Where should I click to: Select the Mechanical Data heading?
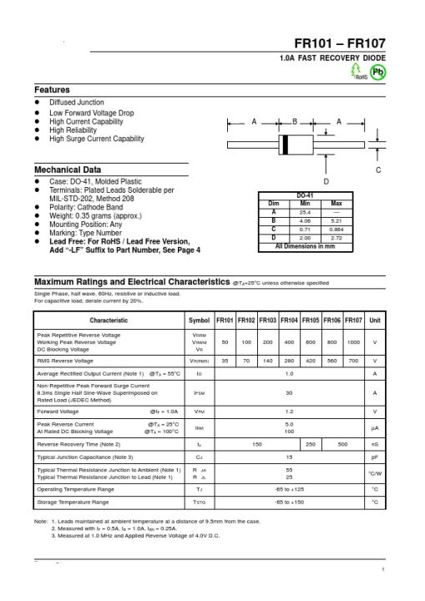point(68,169)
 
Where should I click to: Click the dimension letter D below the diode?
point(326,180)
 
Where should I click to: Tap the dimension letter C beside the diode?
point(378,170)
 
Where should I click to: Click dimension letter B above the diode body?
point(295,123)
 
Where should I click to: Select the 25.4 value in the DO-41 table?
point(305,212)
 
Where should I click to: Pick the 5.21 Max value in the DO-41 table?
point(336,221)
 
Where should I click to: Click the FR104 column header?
point(290,321)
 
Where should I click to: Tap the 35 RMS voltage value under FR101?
point(225,361)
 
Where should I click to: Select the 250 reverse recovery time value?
point(311,444)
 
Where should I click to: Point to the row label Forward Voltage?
point(58,412)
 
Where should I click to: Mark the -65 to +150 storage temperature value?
point(289,503)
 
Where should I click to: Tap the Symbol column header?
point(200,321)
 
